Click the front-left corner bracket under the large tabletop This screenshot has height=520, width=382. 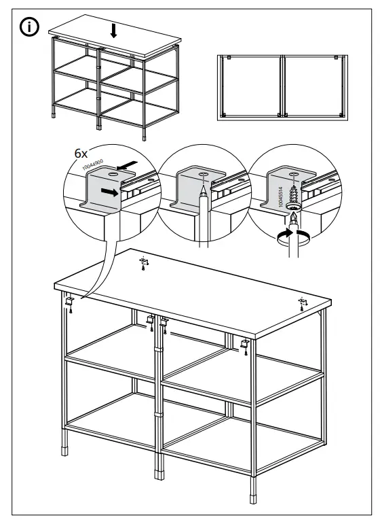coord(70,300)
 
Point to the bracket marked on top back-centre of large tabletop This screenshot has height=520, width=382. coord(143,262)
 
